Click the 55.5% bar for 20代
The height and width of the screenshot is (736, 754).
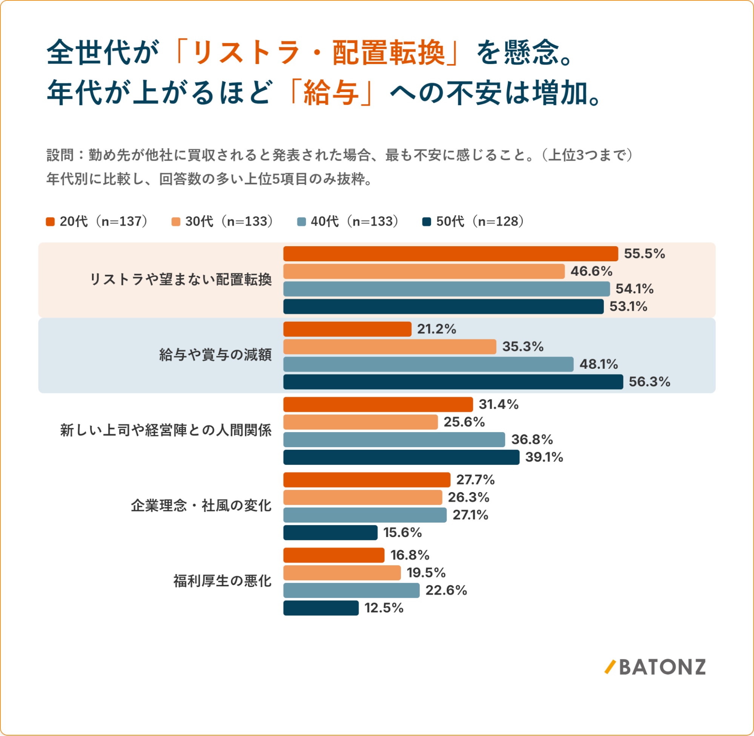[450, 254]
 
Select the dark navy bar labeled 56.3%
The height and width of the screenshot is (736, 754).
[453, 382]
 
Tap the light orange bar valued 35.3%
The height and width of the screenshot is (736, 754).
[390, 347]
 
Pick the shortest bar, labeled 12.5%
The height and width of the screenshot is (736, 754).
[321, 608]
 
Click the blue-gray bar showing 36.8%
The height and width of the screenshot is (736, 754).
[394, 440]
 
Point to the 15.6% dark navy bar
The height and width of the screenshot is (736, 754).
[330, 533]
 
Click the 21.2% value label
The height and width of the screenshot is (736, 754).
[436, 329]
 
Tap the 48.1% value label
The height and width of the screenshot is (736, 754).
[599, 364]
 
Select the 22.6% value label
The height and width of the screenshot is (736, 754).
[446, 590]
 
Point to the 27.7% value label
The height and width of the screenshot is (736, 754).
[475, 480]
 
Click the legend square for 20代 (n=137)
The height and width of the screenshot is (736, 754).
[50, 222]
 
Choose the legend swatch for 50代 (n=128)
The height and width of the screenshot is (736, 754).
[427, 222]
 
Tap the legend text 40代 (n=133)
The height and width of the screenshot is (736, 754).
[355, 221]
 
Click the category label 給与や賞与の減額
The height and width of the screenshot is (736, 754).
[215, 355]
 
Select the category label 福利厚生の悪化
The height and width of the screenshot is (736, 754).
[222, 581]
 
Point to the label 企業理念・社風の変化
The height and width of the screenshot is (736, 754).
[201, 506]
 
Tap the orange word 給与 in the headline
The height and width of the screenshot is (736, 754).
[332, 93]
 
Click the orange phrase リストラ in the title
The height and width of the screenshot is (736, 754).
[246, 52]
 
